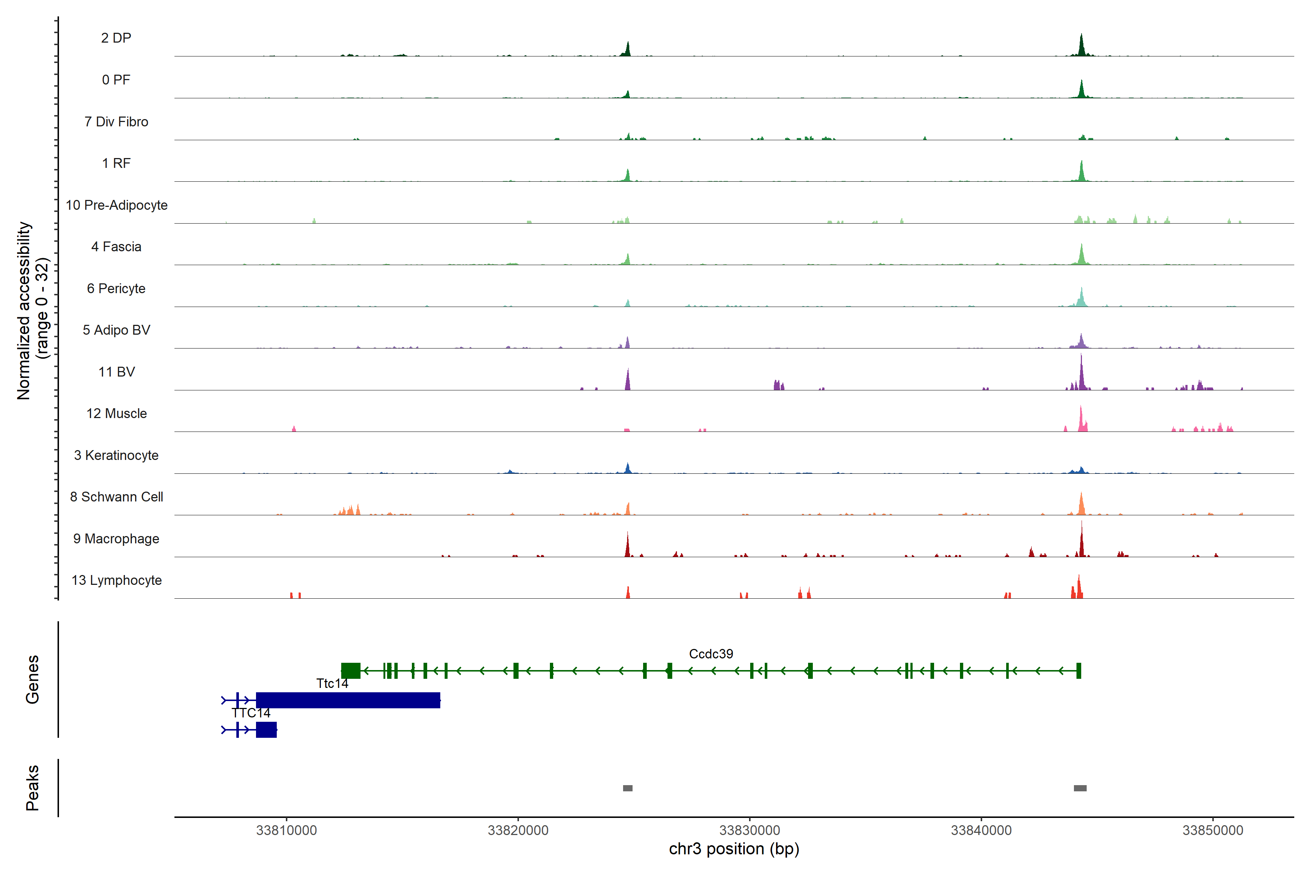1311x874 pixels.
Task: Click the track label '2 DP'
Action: tap(116, 38)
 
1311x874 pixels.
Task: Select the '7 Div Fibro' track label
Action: tap(116, 122)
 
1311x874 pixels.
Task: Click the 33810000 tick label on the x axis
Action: tap(287, 830)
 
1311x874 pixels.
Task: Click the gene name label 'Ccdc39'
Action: tap(711, 654)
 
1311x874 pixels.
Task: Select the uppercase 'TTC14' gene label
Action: tap(251, 713)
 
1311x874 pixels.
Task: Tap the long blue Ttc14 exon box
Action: tap(348, 700)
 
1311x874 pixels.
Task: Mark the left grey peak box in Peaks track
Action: tap(627, 788)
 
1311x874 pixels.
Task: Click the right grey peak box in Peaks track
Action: tap(1080, 788)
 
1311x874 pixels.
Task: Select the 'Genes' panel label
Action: tap(32, 680)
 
